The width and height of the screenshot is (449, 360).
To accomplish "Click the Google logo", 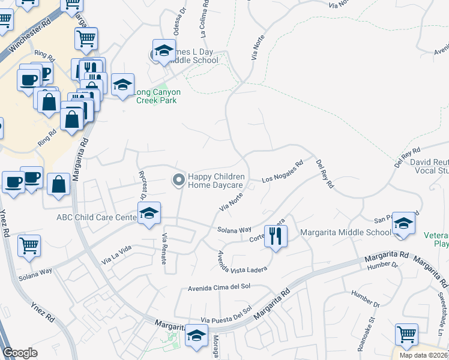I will pyautogui.click(x=20, y=353).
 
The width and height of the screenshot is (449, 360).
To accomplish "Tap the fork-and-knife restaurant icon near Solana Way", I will pyautogui.click(x=276, y=235).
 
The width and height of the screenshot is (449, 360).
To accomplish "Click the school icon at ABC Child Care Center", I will pyautogui.click(x=149, y=213).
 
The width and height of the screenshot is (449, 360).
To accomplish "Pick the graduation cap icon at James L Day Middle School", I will pyautogui.click(x=163, y=52).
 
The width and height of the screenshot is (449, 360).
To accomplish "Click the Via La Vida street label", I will pyautogui.click(x=116, y=256).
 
